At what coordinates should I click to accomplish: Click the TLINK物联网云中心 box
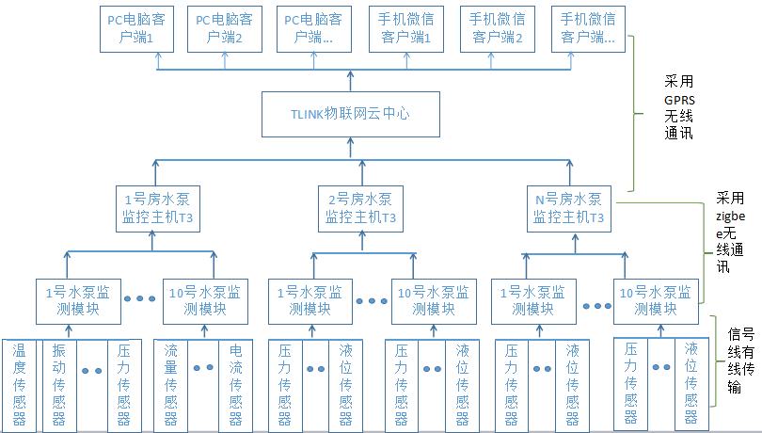[x=350, y=115]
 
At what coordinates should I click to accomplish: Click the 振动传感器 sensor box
[x=58, y=385]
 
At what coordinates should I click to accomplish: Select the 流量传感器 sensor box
[x=171, y=385]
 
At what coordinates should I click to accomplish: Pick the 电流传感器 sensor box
[x=236, y=385]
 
